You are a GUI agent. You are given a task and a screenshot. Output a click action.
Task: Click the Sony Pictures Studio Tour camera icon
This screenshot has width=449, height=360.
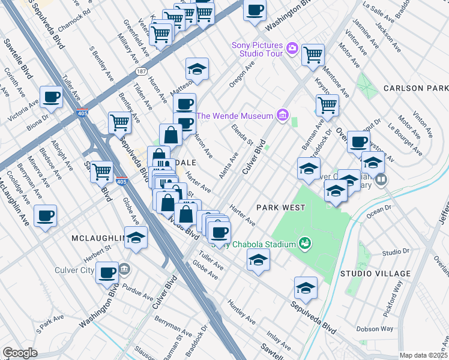pyautogui.click(x=292, y=47)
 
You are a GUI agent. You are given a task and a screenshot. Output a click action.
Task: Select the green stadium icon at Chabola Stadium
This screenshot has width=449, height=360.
pyautogui.click(x=305, y=244)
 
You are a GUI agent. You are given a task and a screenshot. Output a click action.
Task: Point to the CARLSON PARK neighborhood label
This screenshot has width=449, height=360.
pyautogui.click(x=416, y=88)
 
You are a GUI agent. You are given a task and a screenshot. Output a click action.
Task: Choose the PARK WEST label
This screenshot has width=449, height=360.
pyautogui.click(x=280, y=207)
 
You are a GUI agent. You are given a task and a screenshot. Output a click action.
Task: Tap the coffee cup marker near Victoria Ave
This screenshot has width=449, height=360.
pyautogui.click(x=51, y=97)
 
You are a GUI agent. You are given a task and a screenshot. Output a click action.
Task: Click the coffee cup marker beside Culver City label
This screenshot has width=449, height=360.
pyautogui.click(x=107, y=272)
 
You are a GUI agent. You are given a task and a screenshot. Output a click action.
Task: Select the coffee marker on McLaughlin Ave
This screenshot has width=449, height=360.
pyautogui.click(x=45, y=215)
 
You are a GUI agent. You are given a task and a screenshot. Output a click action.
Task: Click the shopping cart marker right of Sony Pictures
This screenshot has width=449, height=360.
pyautogui.click(x=313, y=55)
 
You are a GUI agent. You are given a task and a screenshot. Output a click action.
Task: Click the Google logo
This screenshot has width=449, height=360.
pyautogui.click(x=20, y=353)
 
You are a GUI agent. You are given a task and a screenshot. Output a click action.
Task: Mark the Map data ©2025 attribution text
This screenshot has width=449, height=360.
pyautogui.click(x=423, y=355)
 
